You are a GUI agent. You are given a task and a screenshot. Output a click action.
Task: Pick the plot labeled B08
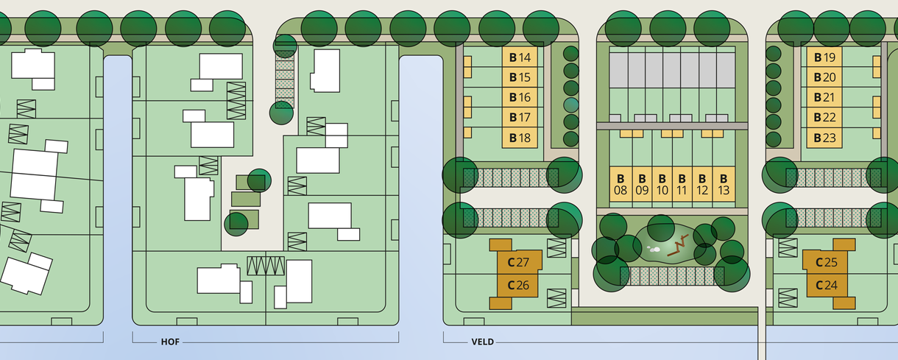click(621, 184)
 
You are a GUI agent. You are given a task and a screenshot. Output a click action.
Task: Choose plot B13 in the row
click(724, 184)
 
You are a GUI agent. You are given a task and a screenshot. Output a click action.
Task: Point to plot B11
click(682, 184)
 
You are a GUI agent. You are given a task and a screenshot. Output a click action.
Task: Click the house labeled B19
click(824, 57)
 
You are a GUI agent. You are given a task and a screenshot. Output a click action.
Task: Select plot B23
click(824, 138)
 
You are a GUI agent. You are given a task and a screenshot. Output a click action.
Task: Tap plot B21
click(824, 98)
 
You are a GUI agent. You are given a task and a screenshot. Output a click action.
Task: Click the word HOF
click(170, 342)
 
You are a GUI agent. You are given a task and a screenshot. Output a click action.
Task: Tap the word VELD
click(482, 342)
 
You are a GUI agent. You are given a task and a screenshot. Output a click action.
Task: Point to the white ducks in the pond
click(653, 249)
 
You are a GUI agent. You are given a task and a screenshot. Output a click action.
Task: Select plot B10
click(662, 184)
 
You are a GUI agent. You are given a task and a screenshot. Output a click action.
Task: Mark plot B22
click(824, 118)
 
